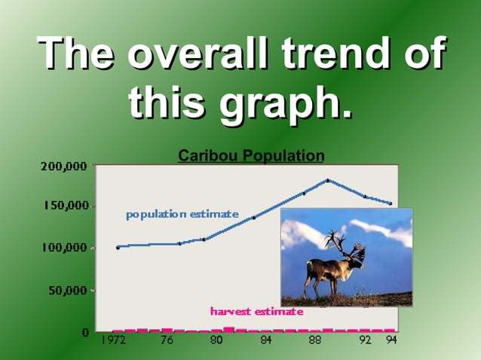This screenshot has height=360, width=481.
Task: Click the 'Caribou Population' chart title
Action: click(251, 156)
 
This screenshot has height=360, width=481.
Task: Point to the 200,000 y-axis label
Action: click(64, 166)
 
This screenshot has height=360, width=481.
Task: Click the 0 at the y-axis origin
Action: click(85, 331)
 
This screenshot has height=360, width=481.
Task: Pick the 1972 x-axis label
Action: click(114, 341)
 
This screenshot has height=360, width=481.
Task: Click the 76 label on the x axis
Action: click(167, 341)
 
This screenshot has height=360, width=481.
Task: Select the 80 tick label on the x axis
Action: click(216, 341)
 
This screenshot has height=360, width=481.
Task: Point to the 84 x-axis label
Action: click(266, 341)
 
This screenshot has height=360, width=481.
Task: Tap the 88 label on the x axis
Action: click(315, 341)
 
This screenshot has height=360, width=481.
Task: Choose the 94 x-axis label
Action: click(391, 341)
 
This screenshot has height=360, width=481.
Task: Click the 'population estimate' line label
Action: click(182, 215)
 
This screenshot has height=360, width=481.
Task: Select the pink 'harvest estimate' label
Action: click(256, 311)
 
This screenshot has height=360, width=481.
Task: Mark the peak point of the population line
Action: click(328, 181)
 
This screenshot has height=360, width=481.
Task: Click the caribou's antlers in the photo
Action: click(343, 245)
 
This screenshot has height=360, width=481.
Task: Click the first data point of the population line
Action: click(118, 247)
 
